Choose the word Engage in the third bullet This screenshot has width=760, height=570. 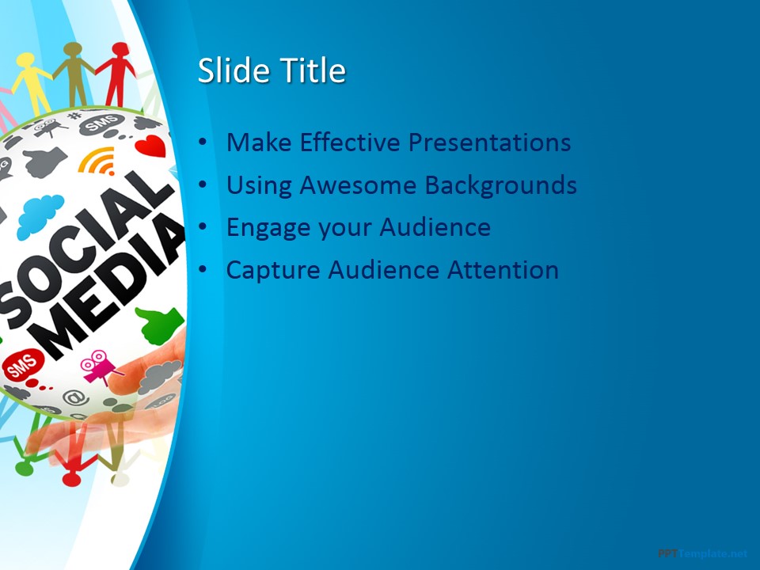(268, 228)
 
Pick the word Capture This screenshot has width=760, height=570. (273, 270)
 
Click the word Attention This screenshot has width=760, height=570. (503, 270)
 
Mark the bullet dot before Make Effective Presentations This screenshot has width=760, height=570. (204, 142)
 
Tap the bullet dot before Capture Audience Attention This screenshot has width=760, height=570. (204, 270)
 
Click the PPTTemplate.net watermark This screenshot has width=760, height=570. (702, 553)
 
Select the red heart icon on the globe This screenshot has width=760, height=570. (150, 146)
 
